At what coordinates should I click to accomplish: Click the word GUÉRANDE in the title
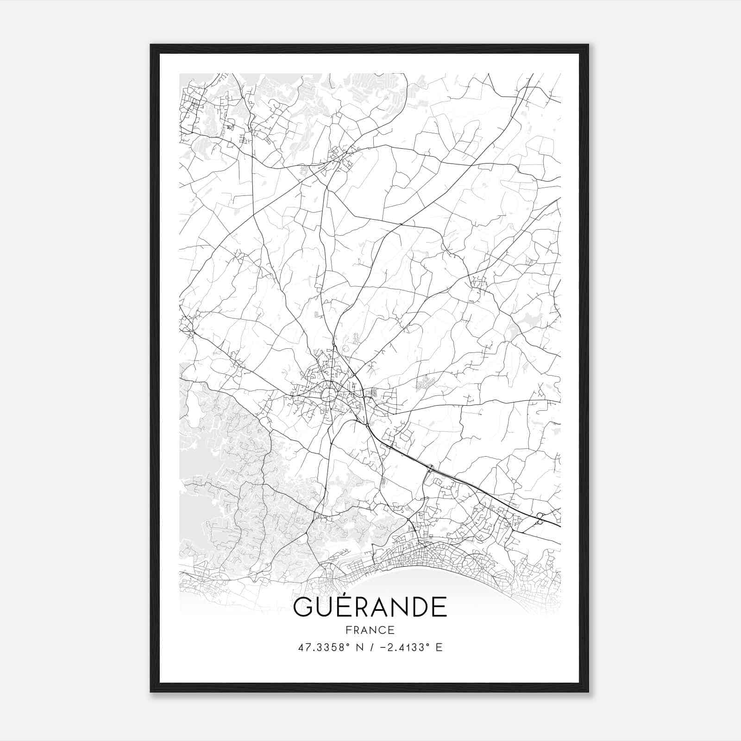pyautogui.click(x=370, y=607)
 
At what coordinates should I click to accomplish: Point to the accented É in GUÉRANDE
pyautogui.click(x=345, y=607)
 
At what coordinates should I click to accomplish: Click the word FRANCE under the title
pyautogui.click(x=370, y=630)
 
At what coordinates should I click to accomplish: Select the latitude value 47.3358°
pyautogui.click(x=323, y=647)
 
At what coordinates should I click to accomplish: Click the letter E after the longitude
pyautogui.click(x=439, y=647)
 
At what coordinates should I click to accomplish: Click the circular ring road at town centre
pyautogui.click(x=329, y=396)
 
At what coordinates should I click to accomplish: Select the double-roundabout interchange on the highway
pyautogui.click(x=540, y=519)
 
